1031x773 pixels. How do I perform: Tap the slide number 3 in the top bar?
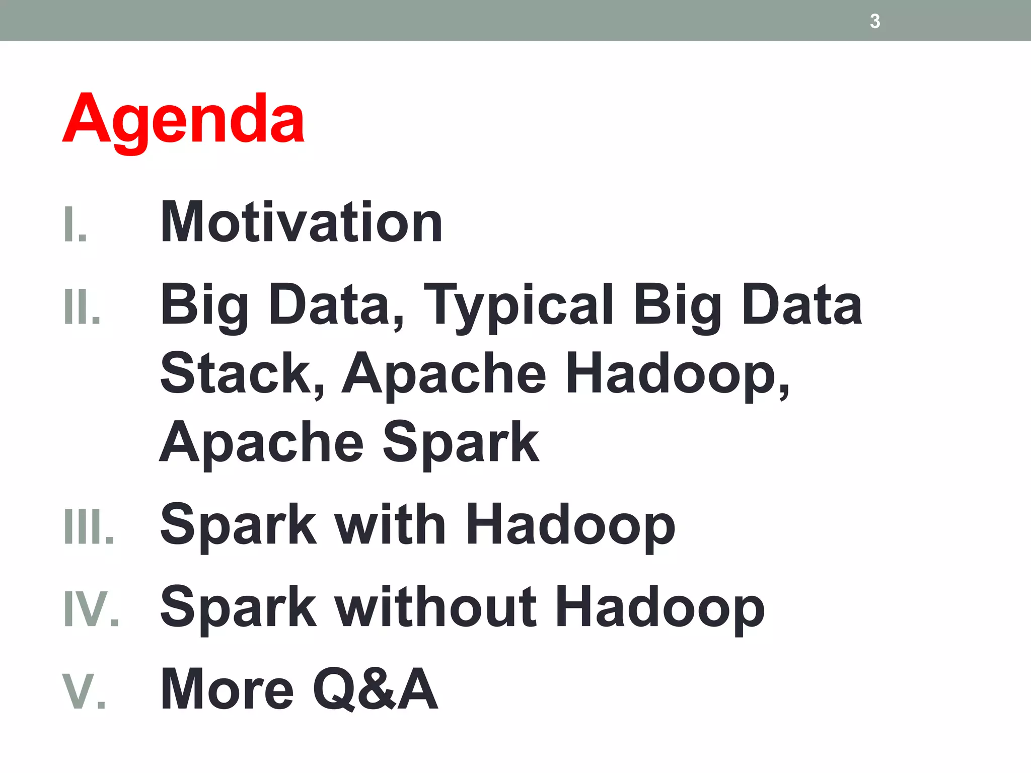point(875,21)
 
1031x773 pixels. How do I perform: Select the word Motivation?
point(301,222)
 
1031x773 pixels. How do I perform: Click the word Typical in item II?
point(519,305)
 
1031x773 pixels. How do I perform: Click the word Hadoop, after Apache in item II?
point(678,373)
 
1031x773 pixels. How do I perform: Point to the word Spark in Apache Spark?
point(461,443)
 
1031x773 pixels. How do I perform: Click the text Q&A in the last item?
point(375,689)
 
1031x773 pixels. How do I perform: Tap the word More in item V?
point(227,689)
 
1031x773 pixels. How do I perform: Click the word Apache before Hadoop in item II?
point(444,373)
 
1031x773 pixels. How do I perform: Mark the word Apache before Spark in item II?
point(261,443)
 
